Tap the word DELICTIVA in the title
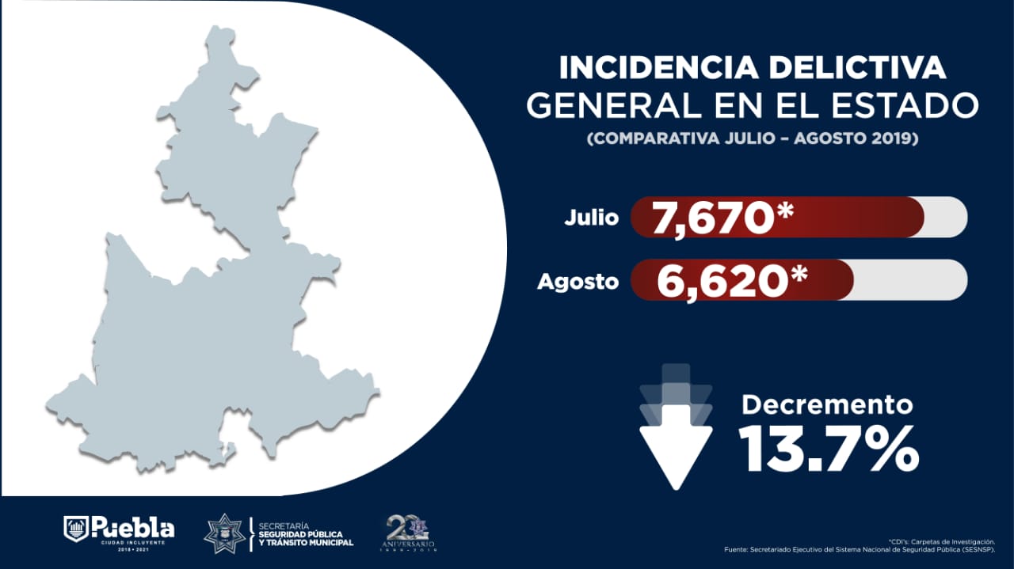coord(858,68)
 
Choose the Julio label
coord(591,218)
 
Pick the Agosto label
coord(578,281)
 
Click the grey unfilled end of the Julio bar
coord(947,218)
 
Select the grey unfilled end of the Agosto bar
coord(911,280)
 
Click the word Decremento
coord(827,405)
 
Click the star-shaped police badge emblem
coord(224,533)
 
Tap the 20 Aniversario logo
coord(410,533)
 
